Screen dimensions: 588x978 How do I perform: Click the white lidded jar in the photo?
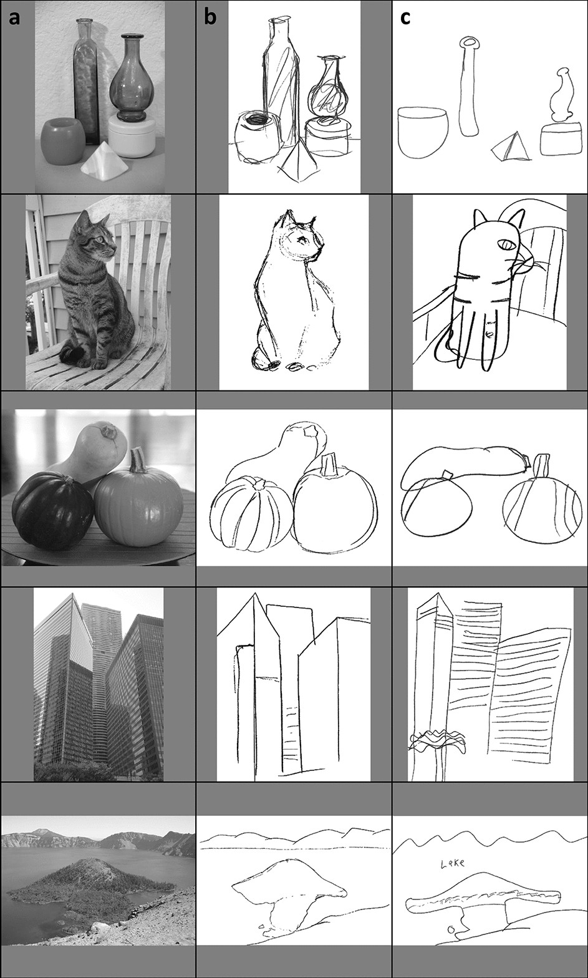tap(132, 135)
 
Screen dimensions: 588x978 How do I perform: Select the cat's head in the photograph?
tap(96, 232)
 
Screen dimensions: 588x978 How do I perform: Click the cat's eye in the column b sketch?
tap(302, 240)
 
